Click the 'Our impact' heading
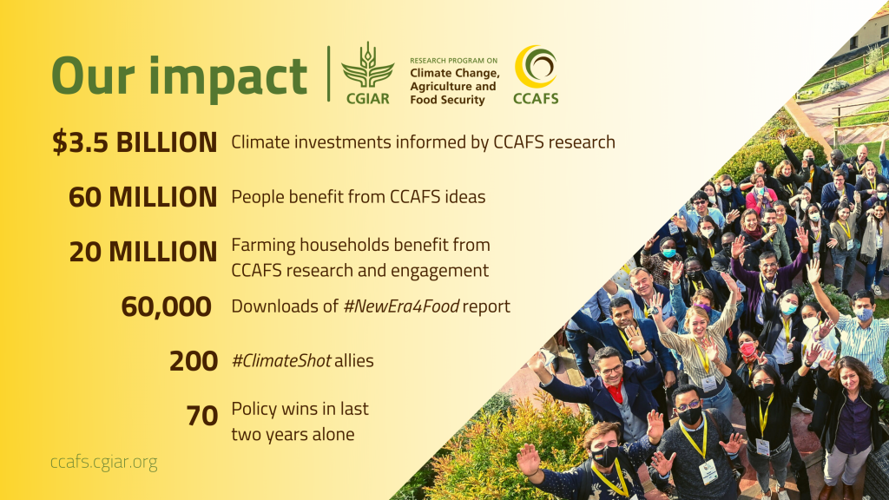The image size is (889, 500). pyautogui.click(x=179, y=77)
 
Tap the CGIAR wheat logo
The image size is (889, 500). pyautogui.click(x=367, y=73)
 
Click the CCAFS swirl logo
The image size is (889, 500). pyautogui.click(x=536, y=75)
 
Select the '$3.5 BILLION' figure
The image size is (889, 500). pyautogui.click(x=135, y=141)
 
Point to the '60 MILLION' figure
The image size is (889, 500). pyautogui.click(x=143, y=197)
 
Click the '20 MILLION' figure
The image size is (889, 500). pyautogui.click(x=143, y=251)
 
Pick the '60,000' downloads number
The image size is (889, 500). pyautogui.click(x=166, y=306)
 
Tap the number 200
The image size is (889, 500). pyautogui.click(x=194, y=361)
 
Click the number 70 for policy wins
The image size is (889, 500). pyautogui.click(x=201, y=416)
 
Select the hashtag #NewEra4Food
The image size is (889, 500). pyautogui.click(x=401, y=306)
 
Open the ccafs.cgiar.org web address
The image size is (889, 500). pyautogui.click(x=104, y=463)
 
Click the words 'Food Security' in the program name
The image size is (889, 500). pyautogui.click(x=447, y=100)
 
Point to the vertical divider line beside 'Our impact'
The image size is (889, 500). pyautogui.click(x=329, y=74)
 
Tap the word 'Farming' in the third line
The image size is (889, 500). pyautogui.click(x=263, y=246)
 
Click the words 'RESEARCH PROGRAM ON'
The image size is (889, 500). pyautogui.click(x=453, y=60)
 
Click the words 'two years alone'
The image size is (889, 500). pyautogui.click(x=293, y=435)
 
